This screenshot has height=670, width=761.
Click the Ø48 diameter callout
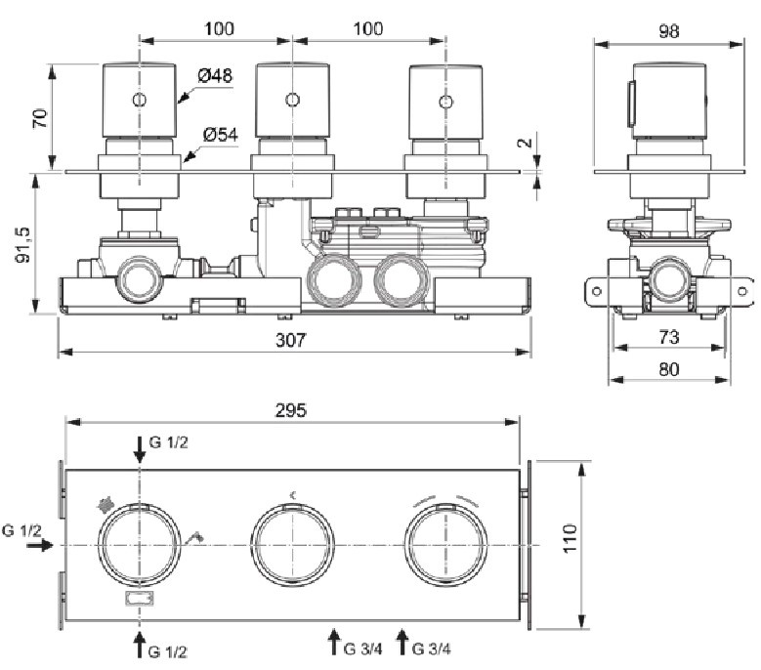(215, 75)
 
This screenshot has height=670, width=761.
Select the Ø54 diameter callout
(221, 135)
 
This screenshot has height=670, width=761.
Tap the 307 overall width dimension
(291, 340)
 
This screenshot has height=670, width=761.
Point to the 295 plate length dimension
(291, 410)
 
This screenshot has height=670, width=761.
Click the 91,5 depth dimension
(22, 245)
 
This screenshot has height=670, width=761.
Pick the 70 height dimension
(40, 118)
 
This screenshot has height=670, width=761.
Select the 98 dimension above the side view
(669, 31)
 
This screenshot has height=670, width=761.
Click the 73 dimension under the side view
(669, 337)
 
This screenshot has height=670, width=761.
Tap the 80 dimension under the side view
(669, 369)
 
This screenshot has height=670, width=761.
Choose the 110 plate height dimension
(571, 537)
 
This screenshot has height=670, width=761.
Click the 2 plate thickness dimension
(526, 143)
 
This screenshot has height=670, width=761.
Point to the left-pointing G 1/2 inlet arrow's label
(21, 530)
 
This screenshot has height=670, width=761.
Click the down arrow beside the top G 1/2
(140, 449)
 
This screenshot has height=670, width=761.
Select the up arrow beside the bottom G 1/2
(140, 644)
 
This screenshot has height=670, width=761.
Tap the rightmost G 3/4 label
(431, 649)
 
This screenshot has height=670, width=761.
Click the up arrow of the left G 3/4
(333, 642)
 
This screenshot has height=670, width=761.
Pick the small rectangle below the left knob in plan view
(140, 599)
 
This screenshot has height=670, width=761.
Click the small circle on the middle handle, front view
(292, 100)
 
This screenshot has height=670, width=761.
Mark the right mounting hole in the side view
(742, 291)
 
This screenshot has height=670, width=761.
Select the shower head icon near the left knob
(105, 505)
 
